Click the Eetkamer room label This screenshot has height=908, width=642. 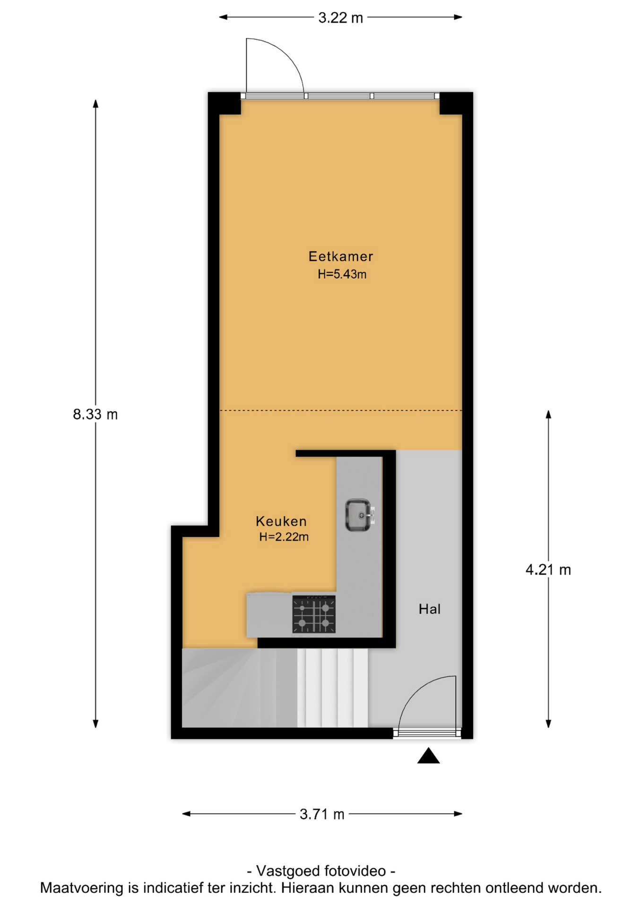click(x=340, y=256)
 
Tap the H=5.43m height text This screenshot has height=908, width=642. click(x=342, y=274)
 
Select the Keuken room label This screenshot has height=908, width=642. click(x=281, y=521)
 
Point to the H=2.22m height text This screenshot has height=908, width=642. click(x=284, y=537)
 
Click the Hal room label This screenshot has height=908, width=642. click(x=429, y=609)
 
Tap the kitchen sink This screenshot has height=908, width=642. click(x=359, y=515)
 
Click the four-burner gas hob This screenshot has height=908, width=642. click(x=314, y=614)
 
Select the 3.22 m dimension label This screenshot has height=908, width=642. click(x=340, y=18)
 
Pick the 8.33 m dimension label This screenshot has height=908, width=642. click(x=95, y=414)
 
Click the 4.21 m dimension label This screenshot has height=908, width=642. click(x=548, y=570)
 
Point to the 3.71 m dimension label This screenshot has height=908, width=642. click(x=322, y=814)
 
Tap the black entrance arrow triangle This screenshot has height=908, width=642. click(x=428, y=756)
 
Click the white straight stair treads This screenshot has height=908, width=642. click(x=332, y=688)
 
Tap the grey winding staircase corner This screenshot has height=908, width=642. click(x=239, y=688)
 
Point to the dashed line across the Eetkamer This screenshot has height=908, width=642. click(x=340, y=410)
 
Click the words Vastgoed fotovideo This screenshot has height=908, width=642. click(x=321, y=871)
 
